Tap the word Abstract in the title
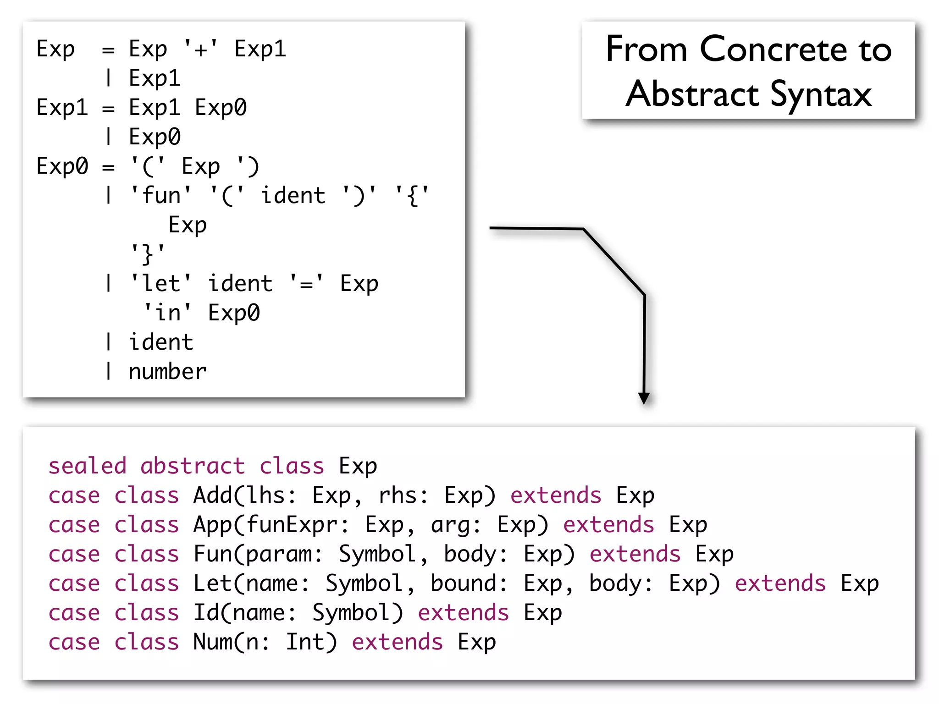[x=692, y=94]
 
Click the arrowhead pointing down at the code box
[x=644, y=398]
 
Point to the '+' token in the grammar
[x=201, y=49]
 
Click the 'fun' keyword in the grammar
[x=161, y=196]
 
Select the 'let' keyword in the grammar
[x=161, y=283]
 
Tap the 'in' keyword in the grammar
[x=167, y=313]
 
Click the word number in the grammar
[x=167, y=371]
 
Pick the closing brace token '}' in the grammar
[x=148, y=254]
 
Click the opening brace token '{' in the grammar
[x=412, y=196]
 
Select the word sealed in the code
[x=88, y=466]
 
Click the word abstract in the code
[x=193, y=466]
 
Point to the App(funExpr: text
[x=271, y=525]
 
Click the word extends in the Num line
[x=397, y=642]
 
